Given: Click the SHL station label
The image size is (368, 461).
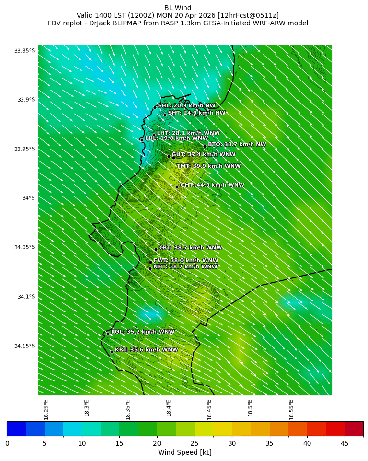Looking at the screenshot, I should click(186, 106).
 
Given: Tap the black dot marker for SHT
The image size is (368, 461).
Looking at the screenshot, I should click(165, 115).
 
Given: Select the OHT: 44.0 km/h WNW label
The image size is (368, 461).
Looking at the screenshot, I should click(212, 185).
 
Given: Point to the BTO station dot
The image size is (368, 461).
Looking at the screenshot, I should click(205, 146).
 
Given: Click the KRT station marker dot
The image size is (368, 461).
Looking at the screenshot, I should click(112, 352).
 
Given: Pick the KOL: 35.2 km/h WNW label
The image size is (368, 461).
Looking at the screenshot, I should click(143, 332).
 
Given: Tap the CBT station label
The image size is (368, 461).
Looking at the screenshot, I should click(190, 248).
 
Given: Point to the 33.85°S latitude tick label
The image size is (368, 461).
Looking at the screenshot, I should click(24, 51).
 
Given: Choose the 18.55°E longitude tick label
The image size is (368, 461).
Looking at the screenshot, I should click(291, 409).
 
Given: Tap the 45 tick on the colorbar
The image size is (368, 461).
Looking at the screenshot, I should click(345, 443).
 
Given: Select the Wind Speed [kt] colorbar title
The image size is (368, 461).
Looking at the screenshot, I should click(185, 452).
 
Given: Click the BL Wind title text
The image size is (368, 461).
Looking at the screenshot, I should click(178, 8).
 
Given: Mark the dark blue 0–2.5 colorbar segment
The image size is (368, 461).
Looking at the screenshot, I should click(16, 429).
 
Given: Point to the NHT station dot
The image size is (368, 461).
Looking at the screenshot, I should click(150, 268).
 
